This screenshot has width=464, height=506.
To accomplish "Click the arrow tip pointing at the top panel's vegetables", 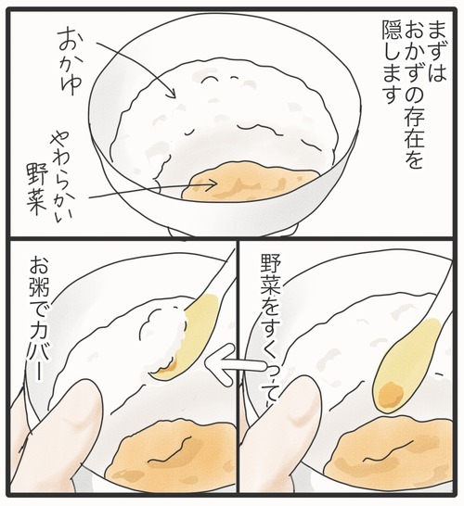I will (x=214, y=183).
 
